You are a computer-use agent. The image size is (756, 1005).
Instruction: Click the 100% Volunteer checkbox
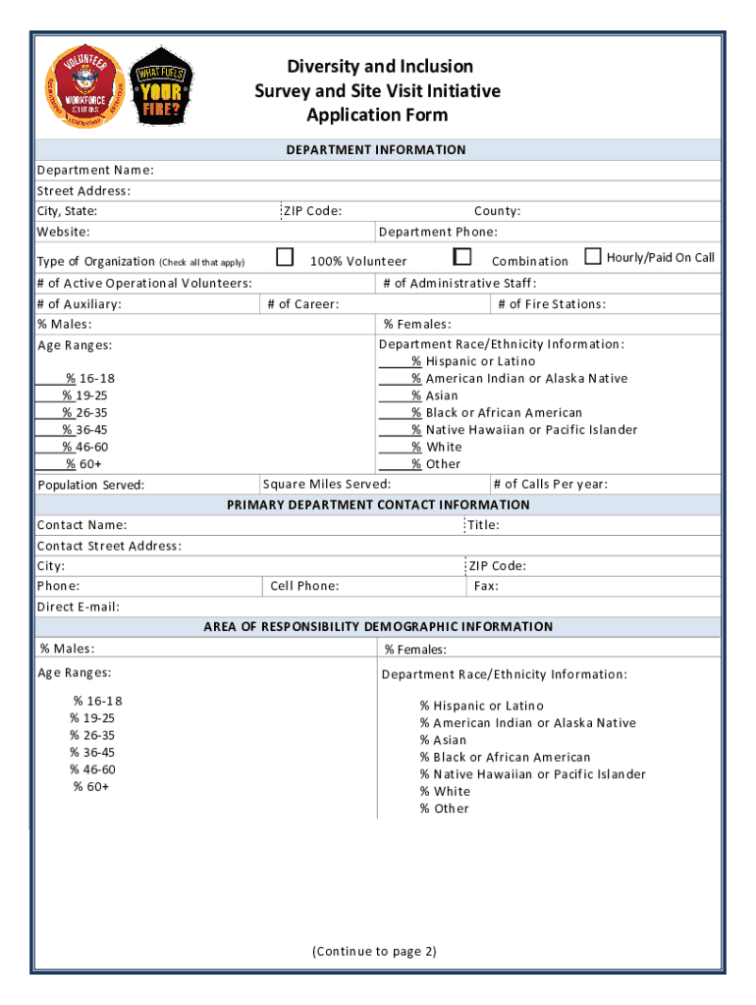[x=285, y=257]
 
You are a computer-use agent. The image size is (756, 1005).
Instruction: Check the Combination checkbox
[x=462, y=257]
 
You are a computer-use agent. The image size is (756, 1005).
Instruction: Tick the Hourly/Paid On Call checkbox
[x=593, y=257]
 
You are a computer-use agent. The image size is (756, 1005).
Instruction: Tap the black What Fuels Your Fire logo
[x=161, y=84]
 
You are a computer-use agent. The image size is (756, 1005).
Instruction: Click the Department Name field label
[x=95, y=170]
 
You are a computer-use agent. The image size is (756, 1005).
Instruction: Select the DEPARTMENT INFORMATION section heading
[x=376, y=150]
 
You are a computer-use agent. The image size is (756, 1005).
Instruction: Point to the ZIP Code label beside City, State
[x=312, y=211]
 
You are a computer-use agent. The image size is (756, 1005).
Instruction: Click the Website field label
[x=64, y=232]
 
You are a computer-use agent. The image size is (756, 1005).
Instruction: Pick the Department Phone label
[x=438, y=232]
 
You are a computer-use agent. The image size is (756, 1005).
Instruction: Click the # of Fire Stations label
[x=551, y=304]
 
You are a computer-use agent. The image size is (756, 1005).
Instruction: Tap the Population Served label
[x=90, y=485]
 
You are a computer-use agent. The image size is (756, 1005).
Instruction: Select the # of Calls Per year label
[x=551, y=484]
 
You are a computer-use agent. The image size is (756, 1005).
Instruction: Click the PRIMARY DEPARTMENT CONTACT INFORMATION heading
[x=378, y=504]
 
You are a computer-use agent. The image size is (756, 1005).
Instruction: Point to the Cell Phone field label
[x=304, y=586]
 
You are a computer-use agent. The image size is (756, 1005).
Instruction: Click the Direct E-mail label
[x=79, y=607]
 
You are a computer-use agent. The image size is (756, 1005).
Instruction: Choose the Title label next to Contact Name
[x=483, y=525]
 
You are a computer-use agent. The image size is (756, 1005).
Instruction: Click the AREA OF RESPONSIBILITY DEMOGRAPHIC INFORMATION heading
[x=378, y=626]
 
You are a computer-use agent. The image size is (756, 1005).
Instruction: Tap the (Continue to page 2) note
[x=374, y=951]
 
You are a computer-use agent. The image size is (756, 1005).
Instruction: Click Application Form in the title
[x=377, y=115]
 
